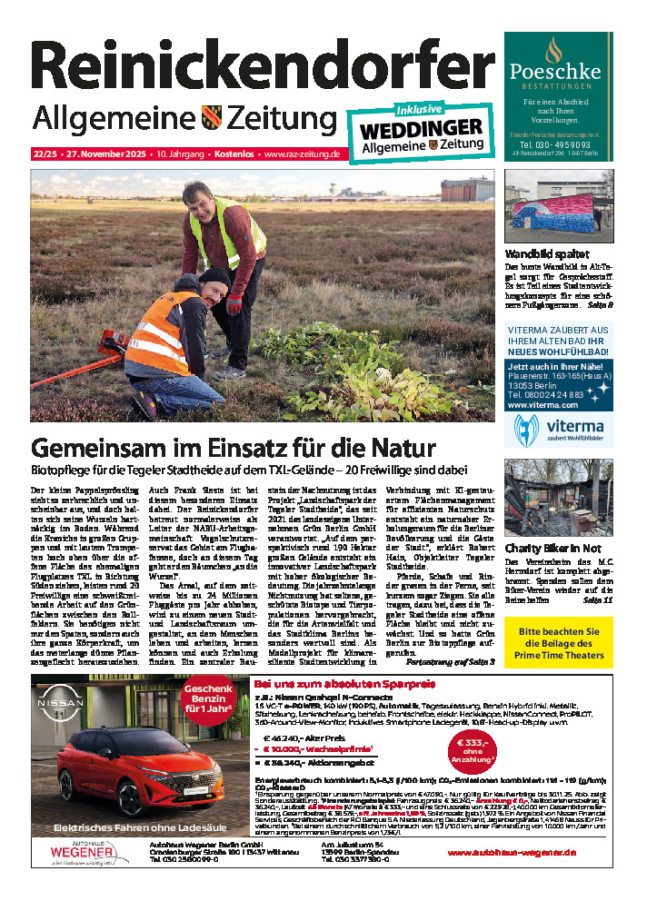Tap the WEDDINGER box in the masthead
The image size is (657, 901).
click(422, 128)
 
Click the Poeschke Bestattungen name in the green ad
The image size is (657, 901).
click(568, 70)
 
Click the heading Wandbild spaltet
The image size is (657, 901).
click(546, 254)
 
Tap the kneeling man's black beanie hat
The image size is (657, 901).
click(214, 276)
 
